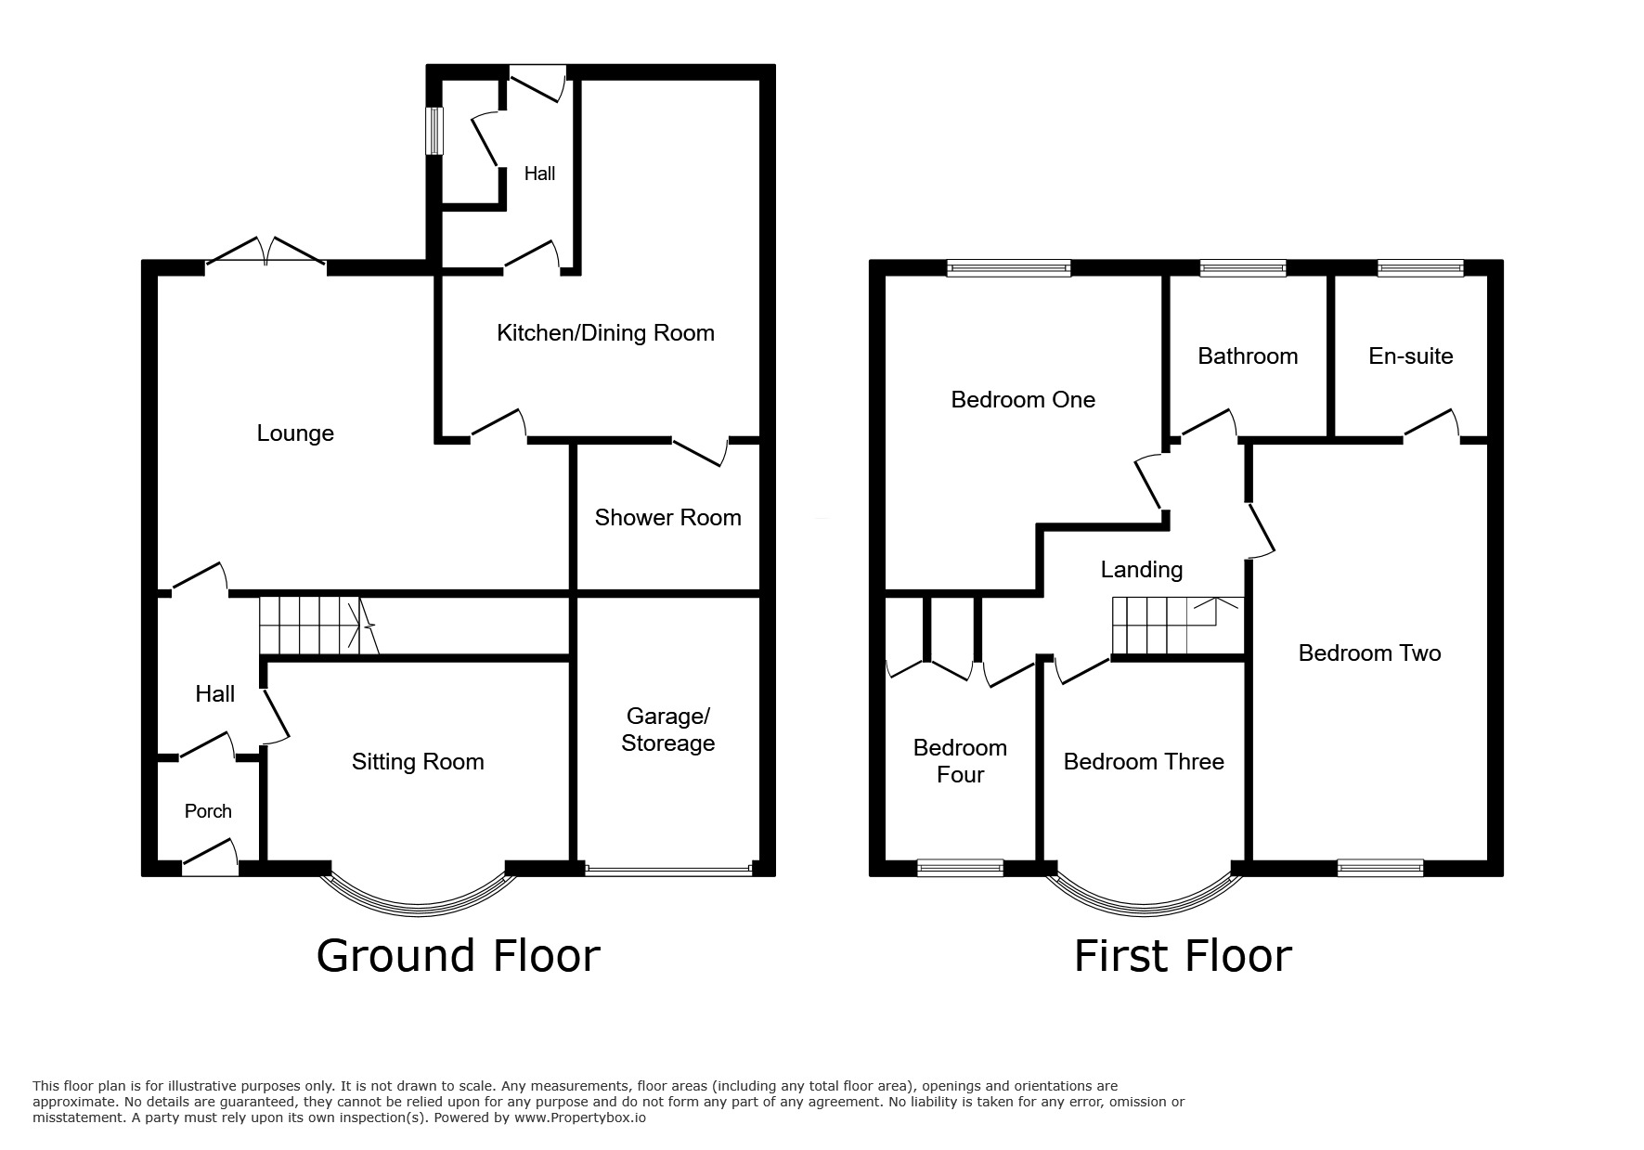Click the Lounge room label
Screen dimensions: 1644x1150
click(295, 433)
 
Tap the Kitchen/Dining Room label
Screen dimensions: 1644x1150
click(605, 333)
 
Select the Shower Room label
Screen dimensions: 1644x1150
click(667, 518)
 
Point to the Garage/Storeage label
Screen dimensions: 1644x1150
click(667, 730)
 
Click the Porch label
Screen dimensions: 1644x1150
click(208, 811)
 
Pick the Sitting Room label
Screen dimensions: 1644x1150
click(418, 762)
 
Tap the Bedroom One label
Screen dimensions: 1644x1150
click(1023, 400)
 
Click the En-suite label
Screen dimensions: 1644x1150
click(1410, 356)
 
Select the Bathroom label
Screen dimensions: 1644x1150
click(1248, 356)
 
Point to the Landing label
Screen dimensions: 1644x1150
click(1142, 570)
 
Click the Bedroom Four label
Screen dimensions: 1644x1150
click(960, 761)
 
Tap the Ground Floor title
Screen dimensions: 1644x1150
click(458, 956)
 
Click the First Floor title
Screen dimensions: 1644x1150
click(1183, 956)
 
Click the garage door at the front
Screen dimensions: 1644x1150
click(667, 871)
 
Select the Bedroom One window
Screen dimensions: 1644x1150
click(1009, 268)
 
